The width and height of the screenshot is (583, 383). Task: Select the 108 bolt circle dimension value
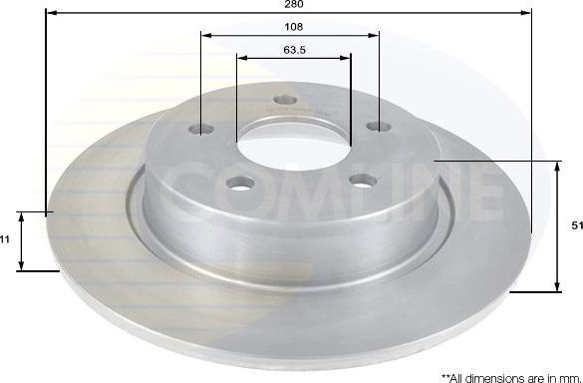[291, 27]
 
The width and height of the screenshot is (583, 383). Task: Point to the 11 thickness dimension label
[6, 240]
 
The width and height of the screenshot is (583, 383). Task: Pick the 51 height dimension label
[576, 226]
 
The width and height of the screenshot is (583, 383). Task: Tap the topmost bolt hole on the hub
[287, 100]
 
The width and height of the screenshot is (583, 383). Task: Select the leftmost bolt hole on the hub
[205, 131]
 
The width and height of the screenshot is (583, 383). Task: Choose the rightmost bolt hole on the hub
[376, 126]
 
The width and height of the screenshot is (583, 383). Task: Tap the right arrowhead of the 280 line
[529, 12]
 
